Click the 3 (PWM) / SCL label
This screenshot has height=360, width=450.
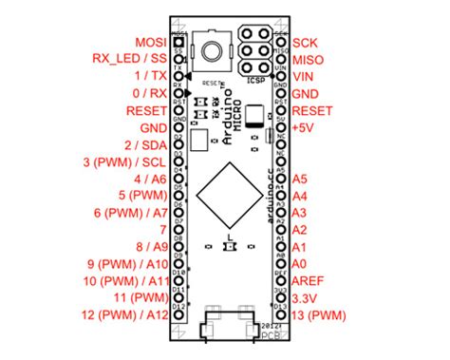[125, 161]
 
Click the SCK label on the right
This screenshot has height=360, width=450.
[306, 43]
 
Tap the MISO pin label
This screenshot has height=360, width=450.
[309, 59]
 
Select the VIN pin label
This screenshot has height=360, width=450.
[305, 76]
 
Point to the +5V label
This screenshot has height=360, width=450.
[305, 127]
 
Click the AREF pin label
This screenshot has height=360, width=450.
[310, 280]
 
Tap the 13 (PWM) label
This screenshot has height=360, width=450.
[321, 314]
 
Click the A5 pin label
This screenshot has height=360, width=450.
[301, 179]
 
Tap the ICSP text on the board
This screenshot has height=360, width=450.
[255, 81]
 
